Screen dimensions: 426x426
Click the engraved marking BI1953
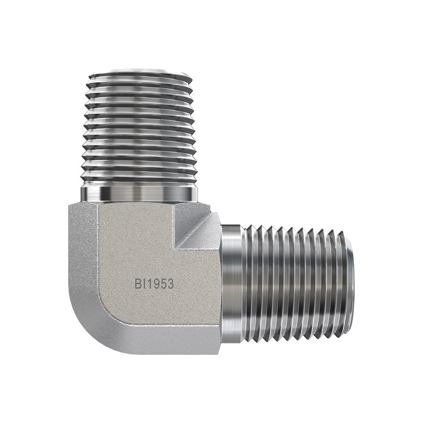coord(154,284)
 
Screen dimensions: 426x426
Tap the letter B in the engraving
coord(138,284)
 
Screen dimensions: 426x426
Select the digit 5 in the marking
coord(162,284)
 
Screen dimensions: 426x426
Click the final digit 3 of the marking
coord(170,284)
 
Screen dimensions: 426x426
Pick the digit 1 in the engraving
coord(148,284)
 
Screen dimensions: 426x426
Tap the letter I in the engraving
coord(144,284)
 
